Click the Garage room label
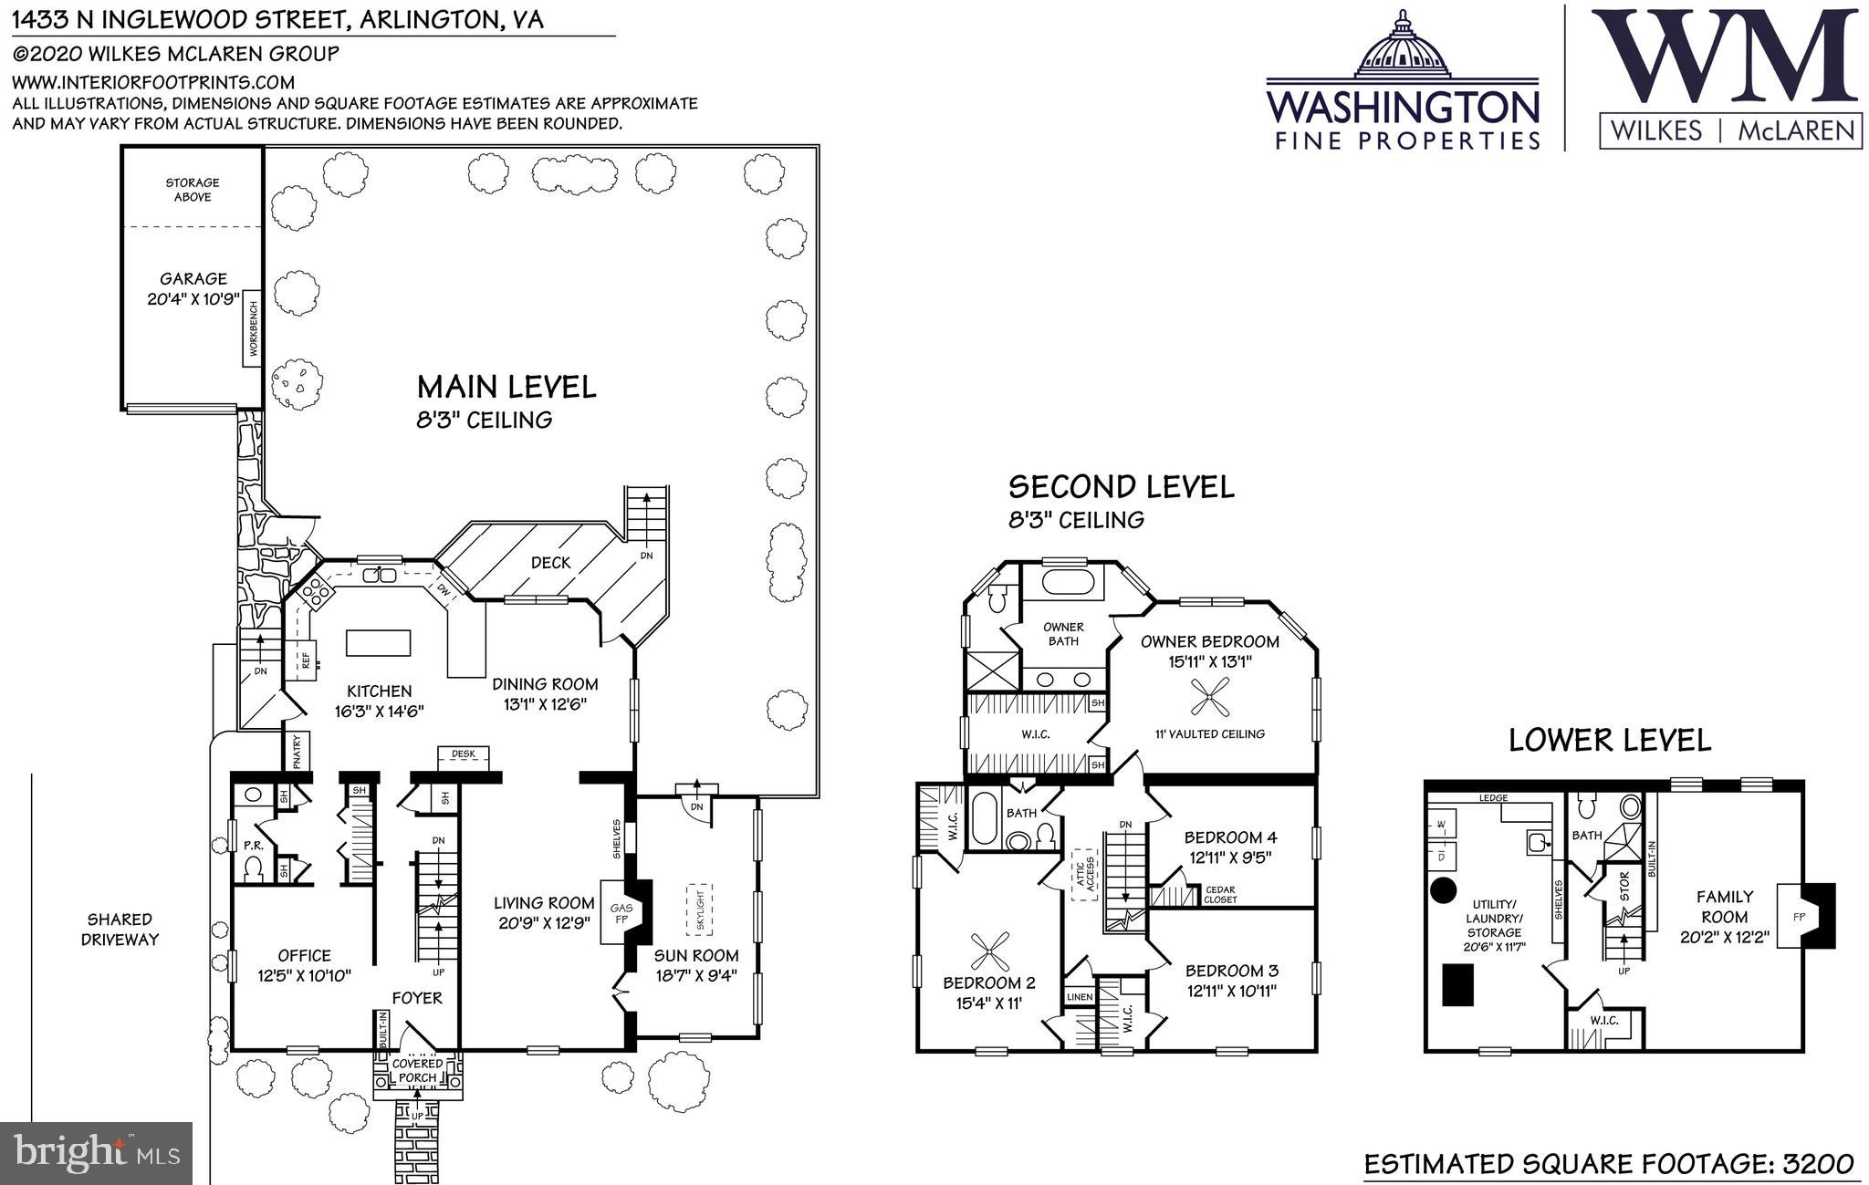[x=193, y=278]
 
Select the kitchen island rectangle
[x=378, y=642]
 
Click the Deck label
[x=551, y=563]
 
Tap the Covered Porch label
[x=418, y=1071]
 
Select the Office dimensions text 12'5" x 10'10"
[x=305, y=976]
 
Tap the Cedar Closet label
[x=1221, y=895]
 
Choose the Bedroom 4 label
[x=1231, y=837]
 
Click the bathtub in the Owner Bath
[x=1063, y=583]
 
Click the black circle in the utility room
[x=1443, y=890]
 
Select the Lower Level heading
[x=1610, y=740]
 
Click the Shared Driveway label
[x=120, y=930]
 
